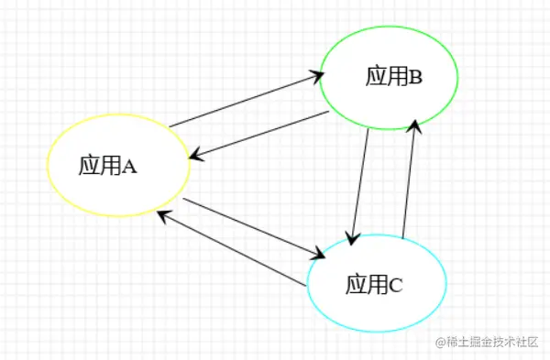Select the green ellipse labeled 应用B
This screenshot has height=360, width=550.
[388, 78]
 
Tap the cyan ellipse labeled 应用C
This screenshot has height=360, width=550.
[376, 283]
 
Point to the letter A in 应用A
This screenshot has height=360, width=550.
[129, 166]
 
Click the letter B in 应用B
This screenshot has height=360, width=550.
[415, 78]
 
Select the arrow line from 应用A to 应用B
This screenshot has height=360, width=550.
[243, 101]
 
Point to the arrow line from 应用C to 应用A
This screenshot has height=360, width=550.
[229, 248]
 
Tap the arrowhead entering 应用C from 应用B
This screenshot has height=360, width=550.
[351, 238]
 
